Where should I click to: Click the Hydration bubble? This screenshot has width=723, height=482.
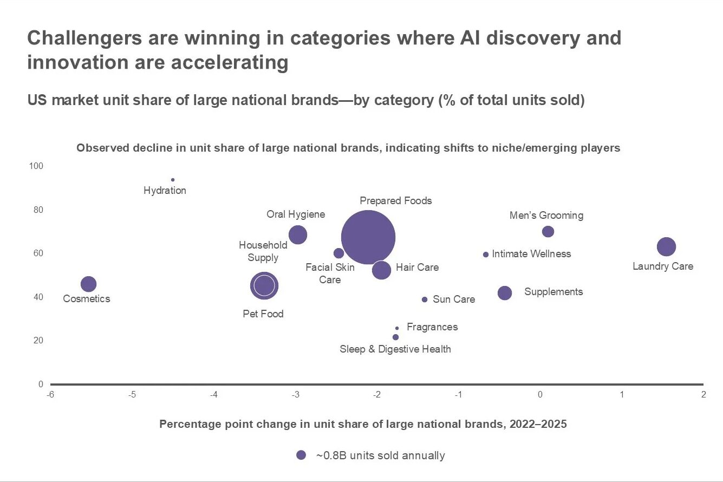tap(173, 180)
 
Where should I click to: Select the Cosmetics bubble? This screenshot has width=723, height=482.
tap(88, 284)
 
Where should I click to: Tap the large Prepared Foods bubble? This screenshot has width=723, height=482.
tap(368, 237)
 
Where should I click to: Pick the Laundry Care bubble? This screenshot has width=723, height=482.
tap(666, 247)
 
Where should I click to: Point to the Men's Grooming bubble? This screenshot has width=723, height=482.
tap(548, 232)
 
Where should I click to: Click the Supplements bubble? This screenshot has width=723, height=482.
tap(505, 293)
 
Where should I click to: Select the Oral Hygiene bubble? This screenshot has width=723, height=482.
tap(298, 235)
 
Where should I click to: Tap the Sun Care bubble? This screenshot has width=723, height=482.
tap(425, 299)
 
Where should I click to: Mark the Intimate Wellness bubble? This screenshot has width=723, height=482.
tap(486, 255)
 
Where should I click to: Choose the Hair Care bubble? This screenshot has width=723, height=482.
tap(382, 270)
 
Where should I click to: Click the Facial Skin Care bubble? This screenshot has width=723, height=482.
tap(339, 253)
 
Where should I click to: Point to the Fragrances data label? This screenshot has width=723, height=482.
tap(432, 327)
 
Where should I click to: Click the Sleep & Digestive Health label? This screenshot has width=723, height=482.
tap(395, 349)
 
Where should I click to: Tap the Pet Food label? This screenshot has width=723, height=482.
tap(263, 314)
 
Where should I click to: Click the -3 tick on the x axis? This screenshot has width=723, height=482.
tap(296, 395)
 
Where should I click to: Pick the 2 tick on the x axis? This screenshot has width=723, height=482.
tap(703, 395)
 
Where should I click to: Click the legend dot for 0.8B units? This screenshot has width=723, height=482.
tap(301, 455)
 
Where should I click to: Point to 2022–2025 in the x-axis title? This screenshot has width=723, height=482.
tap(538, 424)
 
